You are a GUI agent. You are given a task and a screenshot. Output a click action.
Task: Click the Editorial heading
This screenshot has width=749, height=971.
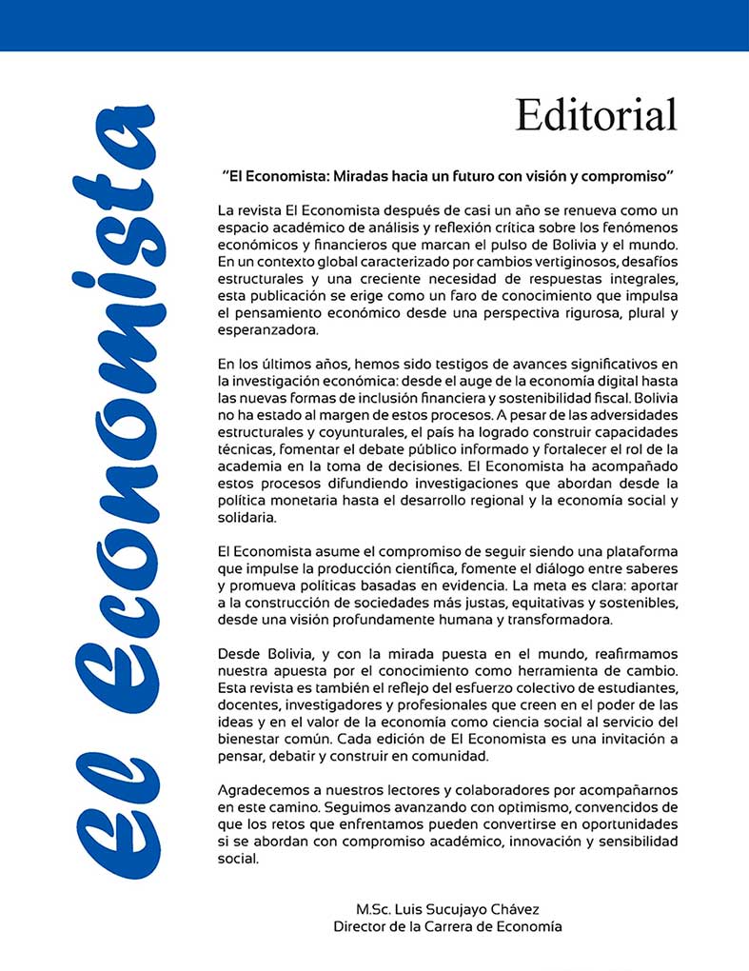(x=596, y=115)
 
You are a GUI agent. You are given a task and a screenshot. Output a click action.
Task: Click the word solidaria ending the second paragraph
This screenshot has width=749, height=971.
(x=246, y=518)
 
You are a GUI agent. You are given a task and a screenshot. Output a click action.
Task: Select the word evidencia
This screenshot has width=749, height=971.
(x=476, y=586)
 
